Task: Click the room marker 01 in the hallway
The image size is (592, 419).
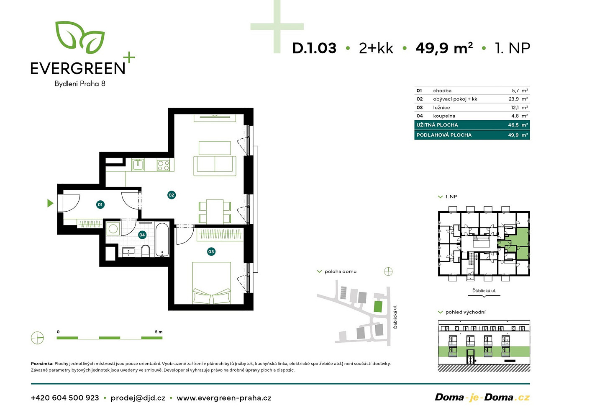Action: [x=100, y=204]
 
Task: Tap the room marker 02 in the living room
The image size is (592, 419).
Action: [x=172, y=195]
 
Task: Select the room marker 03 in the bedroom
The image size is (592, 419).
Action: [x=211, y=251]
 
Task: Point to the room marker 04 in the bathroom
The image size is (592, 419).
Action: [x=142, y=235]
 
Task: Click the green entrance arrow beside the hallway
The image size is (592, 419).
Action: [x=50, y=203]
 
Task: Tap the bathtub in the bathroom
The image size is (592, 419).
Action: [x=162, y=240]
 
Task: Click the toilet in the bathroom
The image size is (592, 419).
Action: [x=146, y=251]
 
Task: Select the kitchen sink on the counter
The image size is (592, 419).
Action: [x=138, y=165]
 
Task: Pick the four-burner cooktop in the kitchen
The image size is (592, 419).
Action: [x=163, y=165]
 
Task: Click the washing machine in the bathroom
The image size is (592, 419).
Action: [x=113, y=228]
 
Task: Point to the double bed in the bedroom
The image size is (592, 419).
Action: [x=211, y=283]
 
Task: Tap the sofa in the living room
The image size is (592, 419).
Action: [x=215, y=166]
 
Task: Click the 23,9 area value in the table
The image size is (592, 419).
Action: [x=513, y=99]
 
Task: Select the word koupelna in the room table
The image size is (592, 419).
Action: [x=444, y=116]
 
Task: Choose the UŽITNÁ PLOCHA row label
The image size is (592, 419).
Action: [x=437, y=125]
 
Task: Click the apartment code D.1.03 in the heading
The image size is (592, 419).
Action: [x=314, y=48]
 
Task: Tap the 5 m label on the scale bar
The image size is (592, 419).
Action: [x=159, y=332]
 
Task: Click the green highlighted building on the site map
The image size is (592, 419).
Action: [x=378, y=307]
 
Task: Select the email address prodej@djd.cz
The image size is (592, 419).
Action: [x=138, y=398]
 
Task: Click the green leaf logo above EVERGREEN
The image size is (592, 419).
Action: [x=80, y=37]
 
